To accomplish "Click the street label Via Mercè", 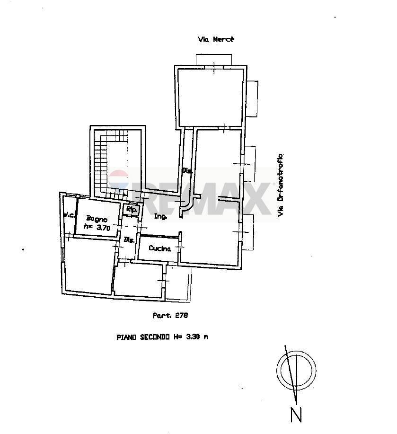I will click(216, 40).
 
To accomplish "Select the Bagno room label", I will click(97, 219).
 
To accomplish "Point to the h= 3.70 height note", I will click(97, 227).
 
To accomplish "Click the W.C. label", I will click(70, 215).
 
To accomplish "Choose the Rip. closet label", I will click(130, 209).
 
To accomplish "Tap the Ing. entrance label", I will click(160, 217).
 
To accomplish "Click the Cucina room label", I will click(159, 248).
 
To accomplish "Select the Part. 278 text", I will click(167, 315).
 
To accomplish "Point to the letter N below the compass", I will click(296, 415).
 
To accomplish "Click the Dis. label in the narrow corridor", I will click(186, 170).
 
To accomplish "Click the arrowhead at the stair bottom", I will click(124, 194).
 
